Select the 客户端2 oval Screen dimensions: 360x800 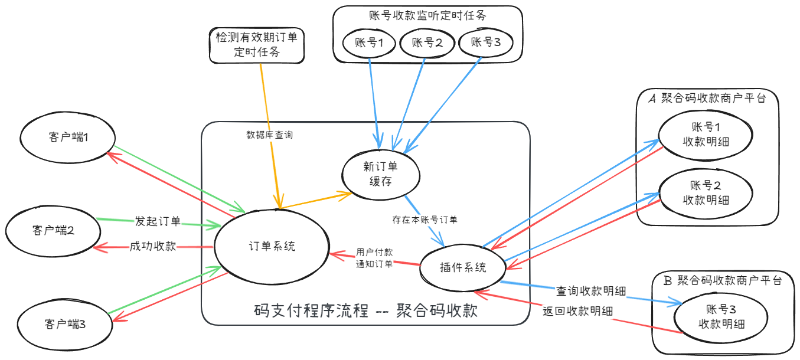click(53, 231)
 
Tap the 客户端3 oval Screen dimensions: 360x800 click(65, 323)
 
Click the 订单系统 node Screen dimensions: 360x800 click(272, 247)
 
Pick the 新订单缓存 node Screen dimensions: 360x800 click(381, 174)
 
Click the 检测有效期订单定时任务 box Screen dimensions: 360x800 click(256, 44)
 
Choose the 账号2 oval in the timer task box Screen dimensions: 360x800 click(426, 42)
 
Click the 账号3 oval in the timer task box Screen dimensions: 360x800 click(484, 42)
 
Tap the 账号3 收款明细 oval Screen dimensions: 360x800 click(721, 317)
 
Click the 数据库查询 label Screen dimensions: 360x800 click(269, 135)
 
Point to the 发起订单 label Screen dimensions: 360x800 click(157, 222)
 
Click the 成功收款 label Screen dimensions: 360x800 click(153, 246)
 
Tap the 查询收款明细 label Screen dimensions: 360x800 click(590, 291)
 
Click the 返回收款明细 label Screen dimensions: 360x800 click(577, 311)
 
